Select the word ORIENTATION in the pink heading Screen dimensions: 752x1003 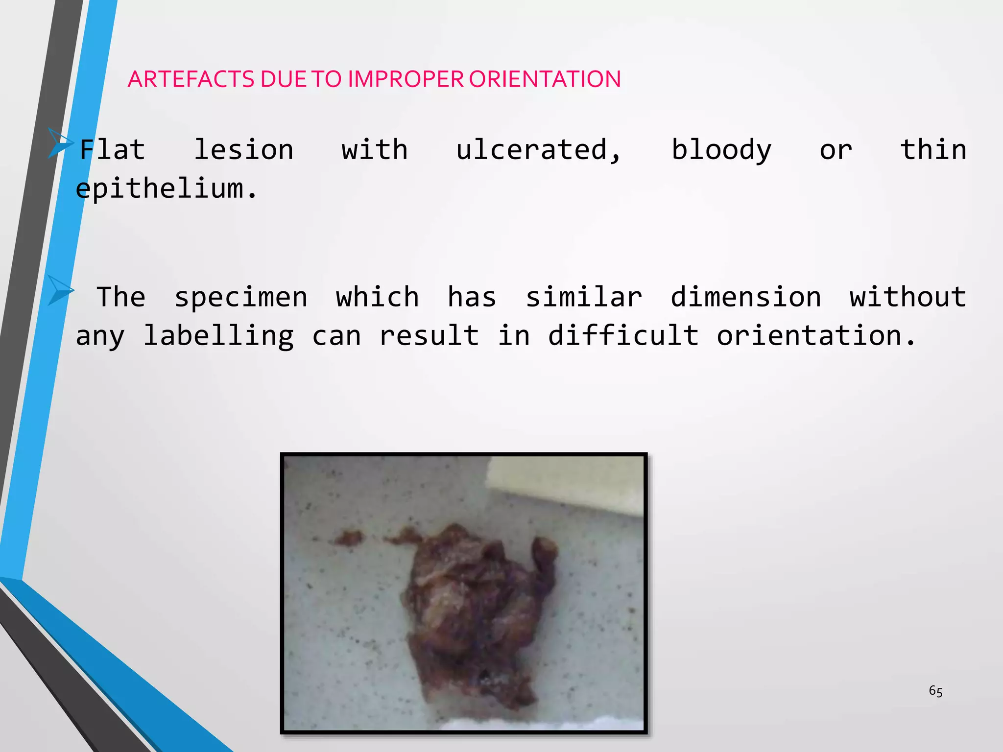coord(545,79)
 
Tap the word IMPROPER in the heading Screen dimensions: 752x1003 coord(406,79)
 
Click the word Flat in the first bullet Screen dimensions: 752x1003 coord(112,150)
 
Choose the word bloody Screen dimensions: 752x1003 coord(721,150)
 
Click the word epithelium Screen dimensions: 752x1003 coord(167,189)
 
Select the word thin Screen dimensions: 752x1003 coord(933,150)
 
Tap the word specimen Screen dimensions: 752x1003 coord(241,298)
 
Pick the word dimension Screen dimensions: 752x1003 coord(745,298)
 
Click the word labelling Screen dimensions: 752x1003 coord(218,337)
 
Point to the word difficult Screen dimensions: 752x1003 coord(623,337)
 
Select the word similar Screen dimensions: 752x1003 coord(584,298)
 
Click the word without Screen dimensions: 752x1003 coord(908,298)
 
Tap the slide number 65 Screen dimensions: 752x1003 coord(935,691)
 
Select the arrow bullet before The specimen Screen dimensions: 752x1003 coord(60,290)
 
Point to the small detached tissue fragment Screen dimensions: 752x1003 coord(349,539)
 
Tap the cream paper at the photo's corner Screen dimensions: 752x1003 coord(568,485)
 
